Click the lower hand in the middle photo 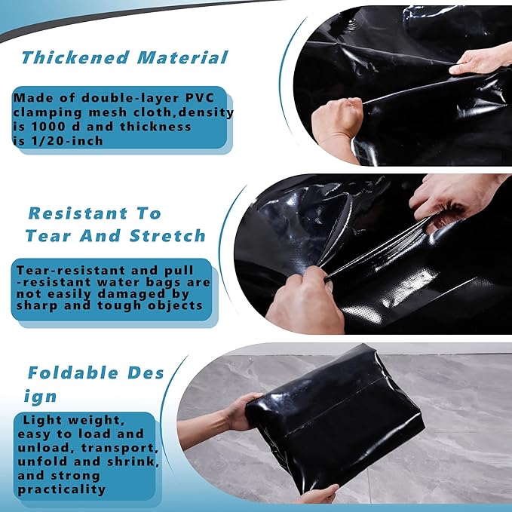(x=302, y=298)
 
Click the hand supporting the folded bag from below (x=317, y=493)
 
